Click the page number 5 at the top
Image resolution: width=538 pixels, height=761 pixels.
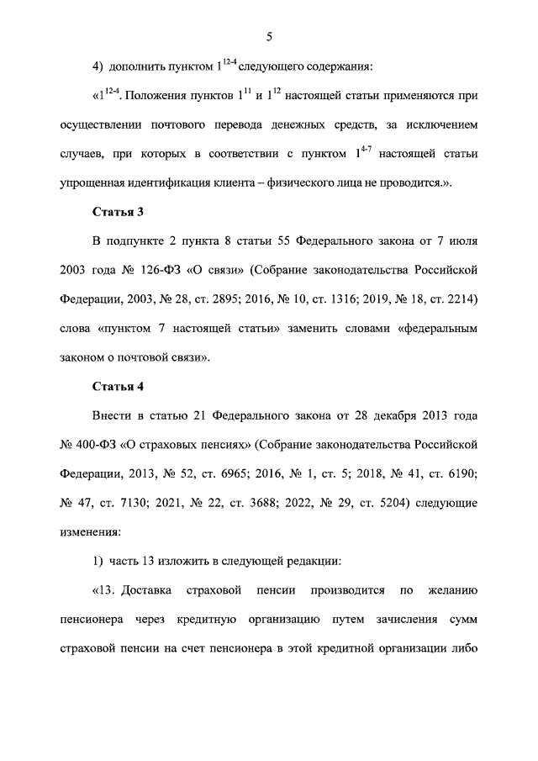(x=269, y=35)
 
